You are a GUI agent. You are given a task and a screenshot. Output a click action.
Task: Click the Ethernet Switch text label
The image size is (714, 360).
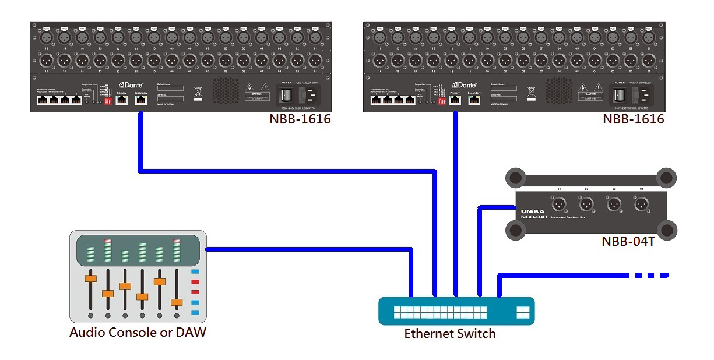click(450, 334)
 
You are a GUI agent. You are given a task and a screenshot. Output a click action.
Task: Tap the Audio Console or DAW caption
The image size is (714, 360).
click(138, 333)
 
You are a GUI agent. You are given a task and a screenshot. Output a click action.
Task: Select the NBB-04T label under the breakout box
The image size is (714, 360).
click(628, 241)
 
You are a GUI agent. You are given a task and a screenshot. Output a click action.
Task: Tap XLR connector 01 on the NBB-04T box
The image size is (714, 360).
click(559, 204)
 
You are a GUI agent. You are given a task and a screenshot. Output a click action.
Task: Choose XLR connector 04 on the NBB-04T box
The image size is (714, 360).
click(641, 204)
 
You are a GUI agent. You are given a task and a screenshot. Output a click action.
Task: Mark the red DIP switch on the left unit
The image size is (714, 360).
click(108, 101)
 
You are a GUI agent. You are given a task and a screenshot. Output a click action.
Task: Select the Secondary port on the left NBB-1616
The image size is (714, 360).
click(140, 100)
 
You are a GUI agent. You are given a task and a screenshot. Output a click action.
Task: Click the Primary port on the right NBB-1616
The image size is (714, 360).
click(455, 100)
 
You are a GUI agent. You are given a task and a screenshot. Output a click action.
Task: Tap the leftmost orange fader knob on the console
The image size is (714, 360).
click(90, 278)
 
